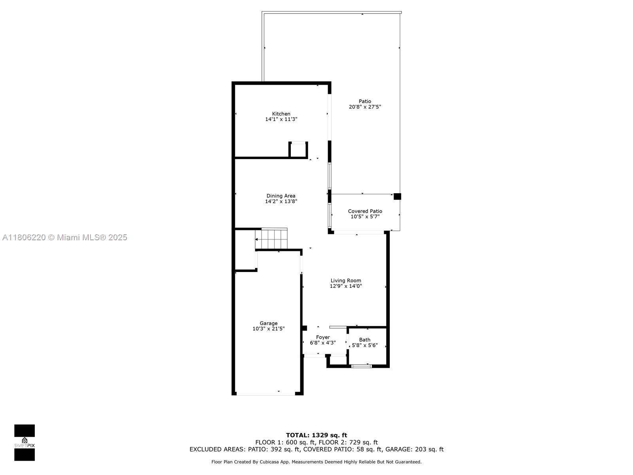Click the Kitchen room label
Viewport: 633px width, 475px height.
281,114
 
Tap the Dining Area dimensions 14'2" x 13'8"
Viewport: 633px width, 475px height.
281,201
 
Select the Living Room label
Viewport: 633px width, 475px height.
346,281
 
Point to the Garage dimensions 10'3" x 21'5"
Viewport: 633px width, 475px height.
269,329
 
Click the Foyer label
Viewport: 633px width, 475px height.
323,337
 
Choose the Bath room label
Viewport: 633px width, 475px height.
365,340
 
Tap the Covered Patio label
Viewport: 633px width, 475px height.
365,211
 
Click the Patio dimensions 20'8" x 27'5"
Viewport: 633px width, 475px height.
365,107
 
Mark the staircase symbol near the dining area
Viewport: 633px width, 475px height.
271,239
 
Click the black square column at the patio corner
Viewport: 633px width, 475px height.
397,196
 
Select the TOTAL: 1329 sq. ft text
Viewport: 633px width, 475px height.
316,435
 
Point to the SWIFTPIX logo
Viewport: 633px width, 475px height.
25,443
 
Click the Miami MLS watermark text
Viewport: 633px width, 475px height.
65,237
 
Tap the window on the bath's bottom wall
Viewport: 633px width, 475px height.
361,366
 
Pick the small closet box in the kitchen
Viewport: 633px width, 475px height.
298,150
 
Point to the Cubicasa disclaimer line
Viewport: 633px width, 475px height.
316,462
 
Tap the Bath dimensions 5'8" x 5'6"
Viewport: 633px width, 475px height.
365,345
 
